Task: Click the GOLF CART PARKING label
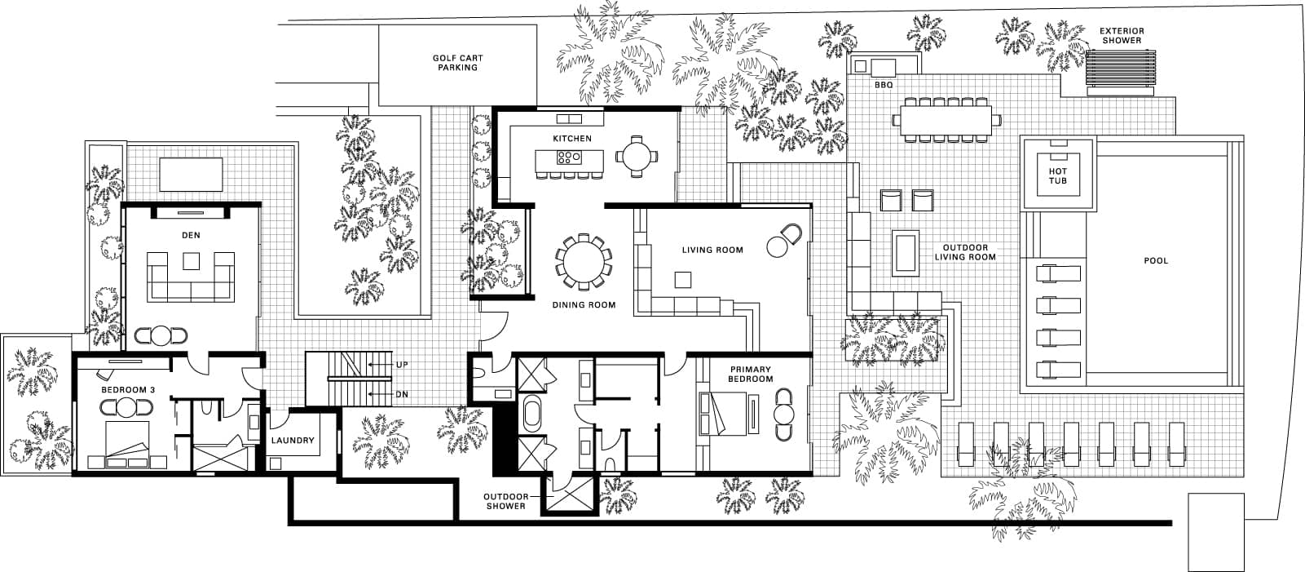pyautogui.click(x=457, y=63)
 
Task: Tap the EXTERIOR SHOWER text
pyautogui.click(x=1122, y=36)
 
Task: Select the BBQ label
pyautogui.click(x=884, y=85)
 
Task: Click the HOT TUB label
pyautogui.click(x=1057, y=176)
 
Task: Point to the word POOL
pyautogui.click(x=1156, y=260)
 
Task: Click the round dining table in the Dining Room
pyautogui.click(x=583, y=262)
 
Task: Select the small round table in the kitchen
pyautogui.click(x=637, y=157)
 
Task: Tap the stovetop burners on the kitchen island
pyautogui.click(x=569, y=157)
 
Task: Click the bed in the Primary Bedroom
pyautogui.click(x=722, y=414)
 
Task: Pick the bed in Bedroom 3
pyautogui.click(x=127, y=445)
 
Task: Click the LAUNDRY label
pyautogui.click(x=293, y=441)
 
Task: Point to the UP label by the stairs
pyautogui.click(x=402, y=365)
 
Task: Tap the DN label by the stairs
pyautogui.click(x=402, y=395)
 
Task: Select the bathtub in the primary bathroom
pyautogui.click(x=532, y=414)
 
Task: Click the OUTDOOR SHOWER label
pyautogui.click(x=505, y=502)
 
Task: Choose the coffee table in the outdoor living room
pyautogui.click(x=905, y=253)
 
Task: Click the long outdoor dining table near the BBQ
pyautogui.click(x=946, y=120)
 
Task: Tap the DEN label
pyautogui.click(x=191, y=236)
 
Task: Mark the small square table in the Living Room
pyautogui.click(x=683, y=280)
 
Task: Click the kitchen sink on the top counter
pyautogui.click(x=569, y=119)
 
